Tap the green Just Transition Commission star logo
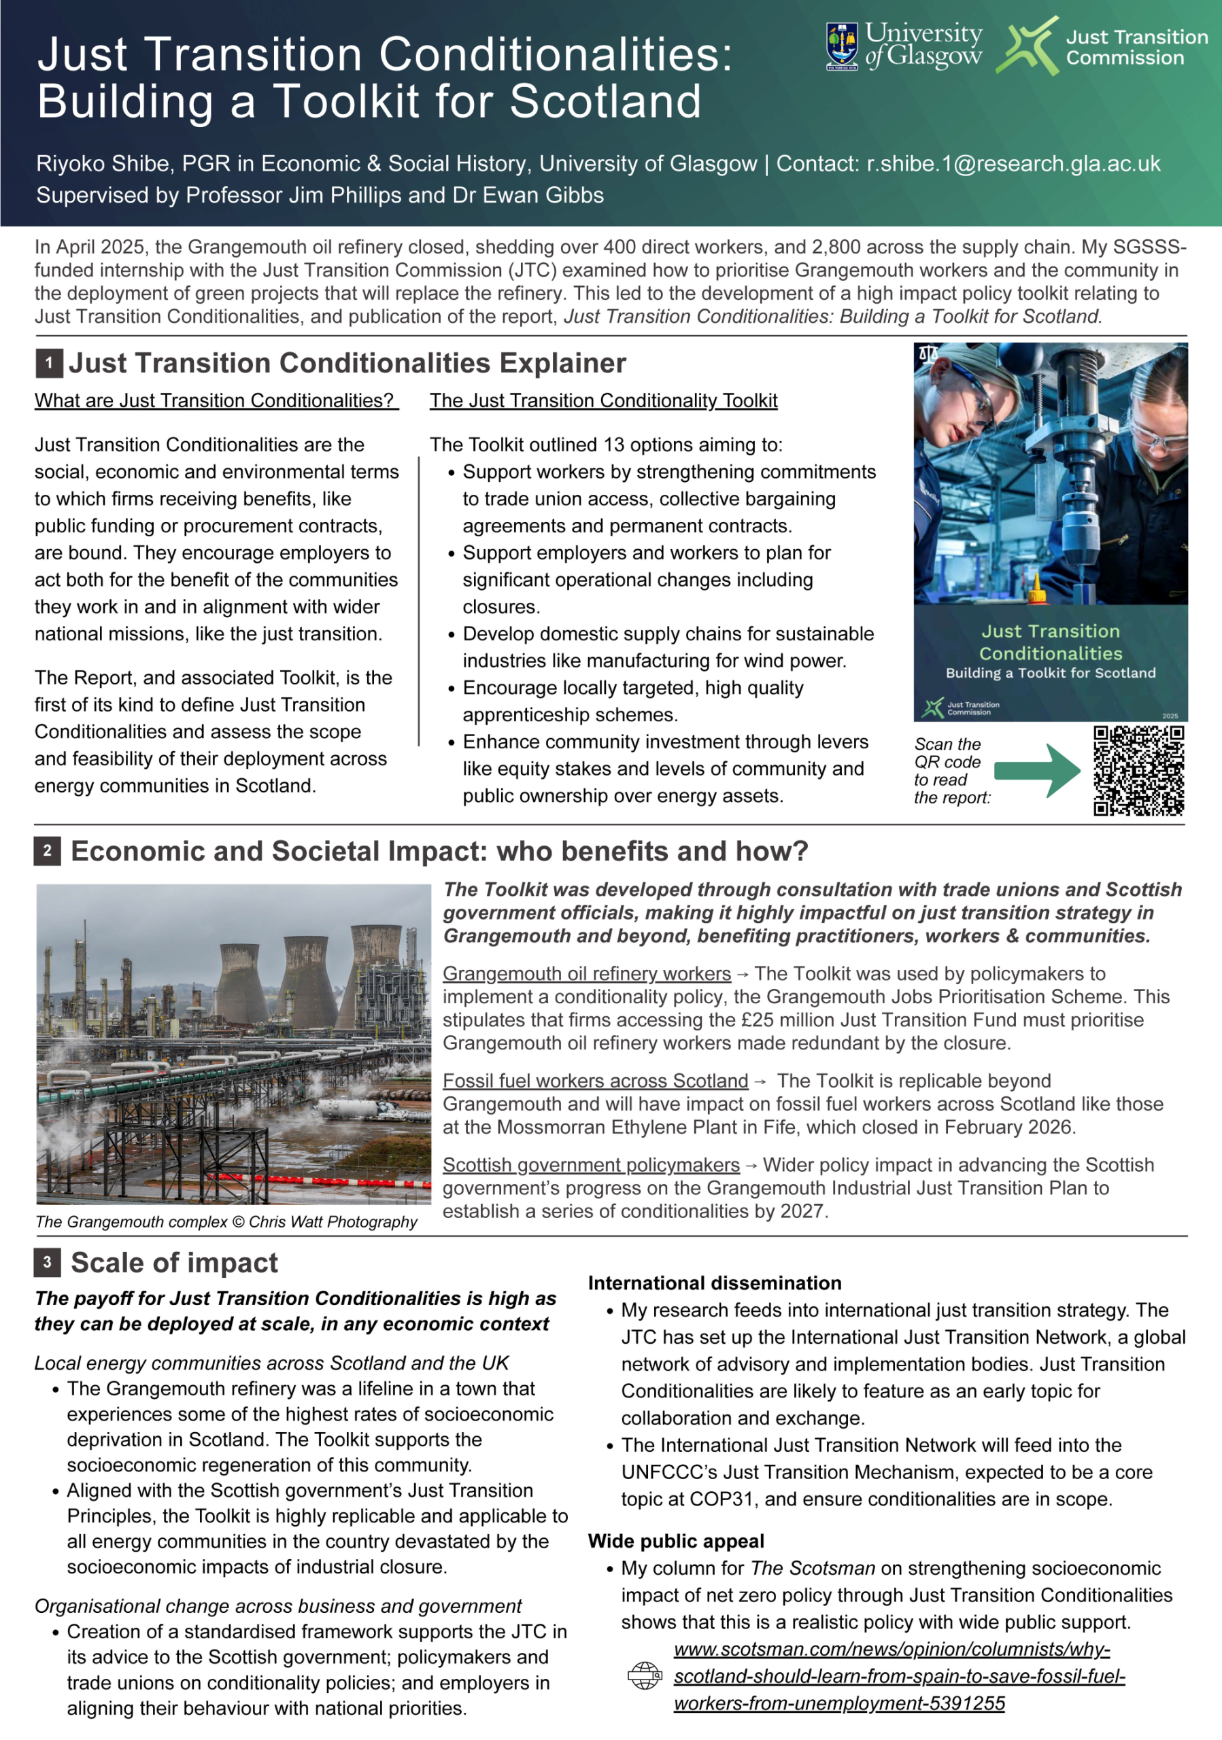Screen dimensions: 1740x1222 1028,46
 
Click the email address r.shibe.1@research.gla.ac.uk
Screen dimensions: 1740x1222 1013,164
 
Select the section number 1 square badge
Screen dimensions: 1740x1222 49,364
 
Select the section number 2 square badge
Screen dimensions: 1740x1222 47,851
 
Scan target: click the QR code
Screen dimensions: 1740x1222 1138,771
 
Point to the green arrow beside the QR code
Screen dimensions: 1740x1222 1037,771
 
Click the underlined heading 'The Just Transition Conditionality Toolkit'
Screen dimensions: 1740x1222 603,401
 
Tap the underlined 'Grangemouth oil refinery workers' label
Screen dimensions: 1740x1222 587,974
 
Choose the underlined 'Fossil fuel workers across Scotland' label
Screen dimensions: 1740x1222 595,1081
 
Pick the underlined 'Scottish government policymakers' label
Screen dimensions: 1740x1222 592,1165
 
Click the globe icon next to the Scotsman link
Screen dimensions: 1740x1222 645,1675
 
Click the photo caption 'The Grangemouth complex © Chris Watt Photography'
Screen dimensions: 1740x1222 226,1221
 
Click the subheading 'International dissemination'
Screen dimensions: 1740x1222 715,1283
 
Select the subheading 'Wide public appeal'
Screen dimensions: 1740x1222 676,1542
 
